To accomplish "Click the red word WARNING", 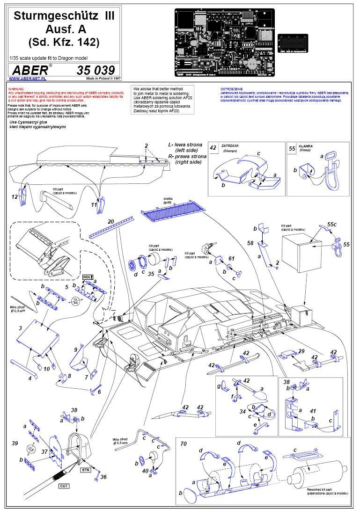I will (16, 88).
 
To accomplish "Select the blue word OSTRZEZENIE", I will (231, 88).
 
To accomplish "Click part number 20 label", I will (111, 221).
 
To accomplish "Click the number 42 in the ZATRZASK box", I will (213, 148).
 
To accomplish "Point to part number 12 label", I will (15, 197).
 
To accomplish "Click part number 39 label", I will (15, 443).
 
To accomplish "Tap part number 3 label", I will (20, 329).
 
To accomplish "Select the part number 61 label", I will (231, 258).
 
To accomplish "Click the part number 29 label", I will (301, 351).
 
